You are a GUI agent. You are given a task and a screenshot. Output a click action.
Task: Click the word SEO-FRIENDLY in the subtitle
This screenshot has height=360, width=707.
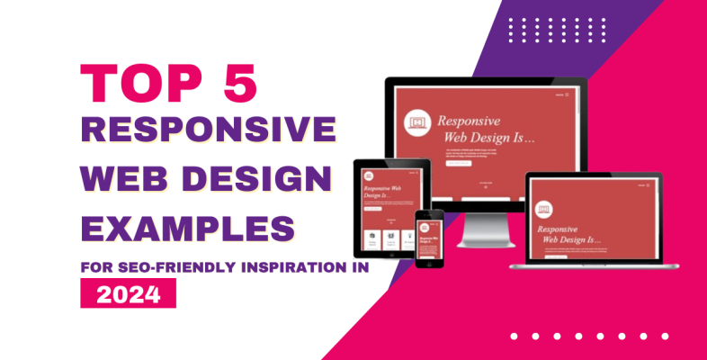point(183,267)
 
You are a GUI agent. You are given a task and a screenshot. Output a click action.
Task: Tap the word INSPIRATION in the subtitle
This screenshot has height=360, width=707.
point(300,267)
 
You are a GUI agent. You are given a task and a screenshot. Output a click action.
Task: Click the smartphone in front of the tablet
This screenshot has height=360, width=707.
point(429,238)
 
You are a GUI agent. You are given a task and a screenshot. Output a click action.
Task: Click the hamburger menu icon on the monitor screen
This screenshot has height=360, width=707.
point(562,93)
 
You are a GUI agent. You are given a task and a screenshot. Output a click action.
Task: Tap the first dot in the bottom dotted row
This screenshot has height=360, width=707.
point(514,336)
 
